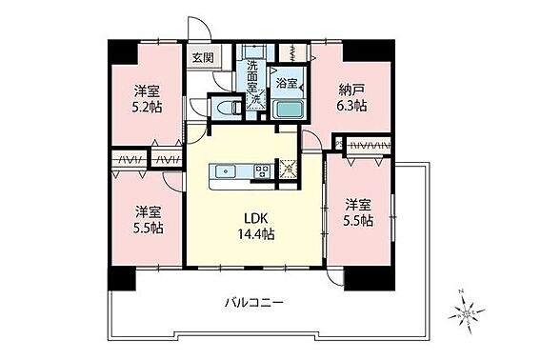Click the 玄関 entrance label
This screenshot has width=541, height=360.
click(203, 57)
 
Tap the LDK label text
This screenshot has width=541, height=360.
click(255, 218)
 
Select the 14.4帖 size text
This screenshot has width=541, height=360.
click(255, 234)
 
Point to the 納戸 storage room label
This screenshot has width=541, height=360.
click(351, 90)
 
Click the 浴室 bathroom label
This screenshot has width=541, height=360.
click(287, 83)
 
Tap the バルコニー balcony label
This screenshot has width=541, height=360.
click(254, 304)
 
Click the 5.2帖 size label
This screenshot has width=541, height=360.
click(147, 108)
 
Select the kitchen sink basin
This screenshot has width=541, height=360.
click(226, 171)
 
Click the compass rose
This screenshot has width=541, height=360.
click(466, 312)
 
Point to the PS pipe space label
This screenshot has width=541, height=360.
click(339, 142)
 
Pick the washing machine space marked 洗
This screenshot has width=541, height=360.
click(255, 99)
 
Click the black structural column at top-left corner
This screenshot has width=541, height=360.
click(123, 51)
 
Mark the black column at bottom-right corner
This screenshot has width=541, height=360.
click(370, 278)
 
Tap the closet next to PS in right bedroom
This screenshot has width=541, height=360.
click(369, 145)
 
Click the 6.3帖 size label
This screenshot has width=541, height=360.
click(351, 105)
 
